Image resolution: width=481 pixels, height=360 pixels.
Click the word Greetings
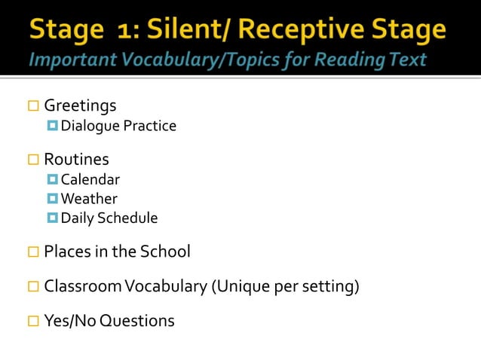point(80,105)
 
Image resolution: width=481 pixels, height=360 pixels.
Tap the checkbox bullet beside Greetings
point(33,106)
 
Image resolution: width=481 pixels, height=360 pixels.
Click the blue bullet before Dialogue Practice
point(52,125)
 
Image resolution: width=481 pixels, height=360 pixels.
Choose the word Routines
point(76,160)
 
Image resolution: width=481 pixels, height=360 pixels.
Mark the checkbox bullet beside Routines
point(33,160)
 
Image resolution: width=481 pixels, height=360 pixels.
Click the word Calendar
point(90,179)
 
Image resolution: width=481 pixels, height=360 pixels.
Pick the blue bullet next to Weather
point(52,199)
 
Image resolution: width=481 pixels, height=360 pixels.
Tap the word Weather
point(89,199)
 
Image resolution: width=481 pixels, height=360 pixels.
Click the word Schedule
point(130,218)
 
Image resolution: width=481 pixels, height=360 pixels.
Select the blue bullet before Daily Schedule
point(52,218)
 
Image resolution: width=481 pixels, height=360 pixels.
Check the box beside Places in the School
point(33,252)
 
